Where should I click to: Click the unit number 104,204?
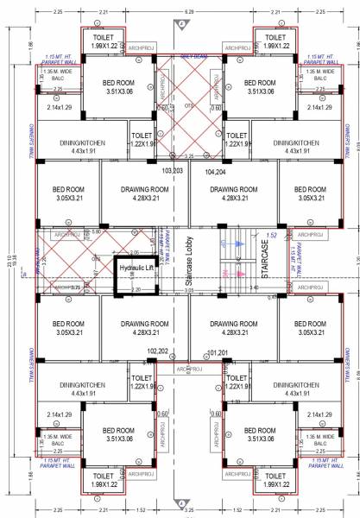click(216, 172)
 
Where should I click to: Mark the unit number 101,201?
click(220, 352)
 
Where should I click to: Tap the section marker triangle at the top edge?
click(180, 25)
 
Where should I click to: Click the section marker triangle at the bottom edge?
click(180, 499)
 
